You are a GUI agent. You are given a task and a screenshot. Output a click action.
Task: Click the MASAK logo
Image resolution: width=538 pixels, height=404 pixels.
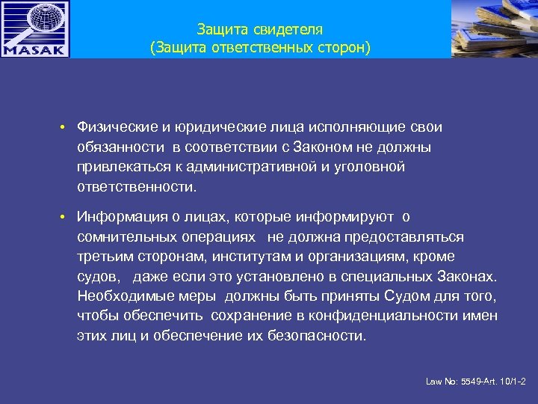coord(35,29)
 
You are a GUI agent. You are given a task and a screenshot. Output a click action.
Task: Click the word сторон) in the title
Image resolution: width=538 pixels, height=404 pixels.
coord(342,49)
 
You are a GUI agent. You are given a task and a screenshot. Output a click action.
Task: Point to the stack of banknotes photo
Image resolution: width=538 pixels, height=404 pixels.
coord(495,28)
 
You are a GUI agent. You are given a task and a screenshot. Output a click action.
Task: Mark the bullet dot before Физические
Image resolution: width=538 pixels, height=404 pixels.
coord(66,128)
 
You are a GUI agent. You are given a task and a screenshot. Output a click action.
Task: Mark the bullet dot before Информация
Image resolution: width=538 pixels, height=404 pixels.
coord(66,218)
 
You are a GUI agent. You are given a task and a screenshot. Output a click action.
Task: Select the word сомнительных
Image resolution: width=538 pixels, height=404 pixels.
coord(123,237)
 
